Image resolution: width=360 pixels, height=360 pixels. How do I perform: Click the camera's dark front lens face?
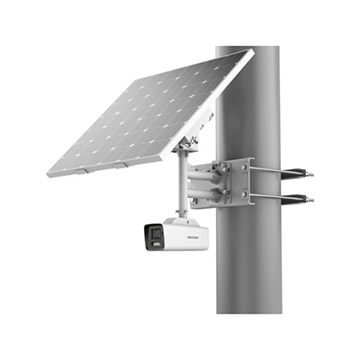149,237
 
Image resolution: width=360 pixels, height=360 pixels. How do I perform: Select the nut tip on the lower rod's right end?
311,200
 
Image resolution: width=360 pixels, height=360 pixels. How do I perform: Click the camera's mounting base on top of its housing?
184,217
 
